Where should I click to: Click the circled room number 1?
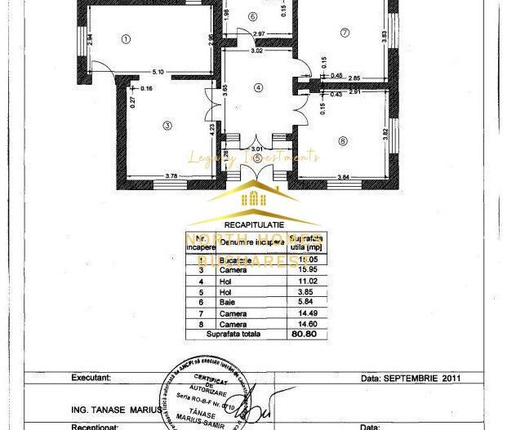(x=126, y=38)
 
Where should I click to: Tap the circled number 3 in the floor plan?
(x=166, y=125)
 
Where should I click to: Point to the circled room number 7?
(x=345, y=33)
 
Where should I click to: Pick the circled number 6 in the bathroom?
(x=253, y=16)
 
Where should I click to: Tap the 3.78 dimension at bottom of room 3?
(x=149, y=175)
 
